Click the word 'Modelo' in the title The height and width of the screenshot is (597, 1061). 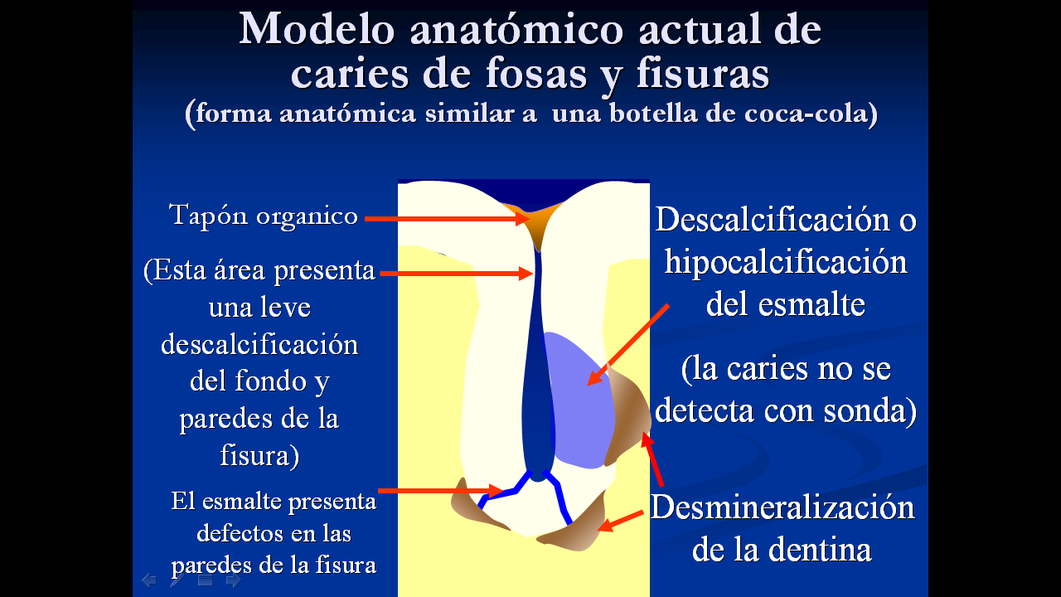tap(317, 29)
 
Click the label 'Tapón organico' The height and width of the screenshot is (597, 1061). tap(264, 216)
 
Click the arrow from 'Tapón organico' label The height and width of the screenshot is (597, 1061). tap(447, 218)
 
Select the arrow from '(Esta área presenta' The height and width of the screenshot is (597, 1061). tap(457, 274)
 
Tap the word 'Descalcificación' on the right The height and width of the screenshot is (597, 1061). tap(773, 220)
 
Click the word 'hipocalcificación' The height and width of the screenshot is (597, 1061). tap(786, 263)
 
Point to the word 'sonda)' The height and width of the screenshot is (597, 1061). tap(870, 410)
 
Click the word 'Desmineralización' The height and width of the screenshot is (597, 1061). tap(782, 507)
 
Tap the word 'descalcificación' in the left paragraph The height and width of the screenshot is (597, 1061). tap(259, 344)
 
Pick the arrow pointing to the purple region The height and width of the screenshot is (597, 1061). tap(628, 345)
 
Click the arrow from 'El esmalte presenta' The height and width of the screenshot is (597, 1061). tap(440, 490)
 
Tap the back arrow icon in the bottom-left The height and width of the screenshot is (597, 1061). tap(149, 580)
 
